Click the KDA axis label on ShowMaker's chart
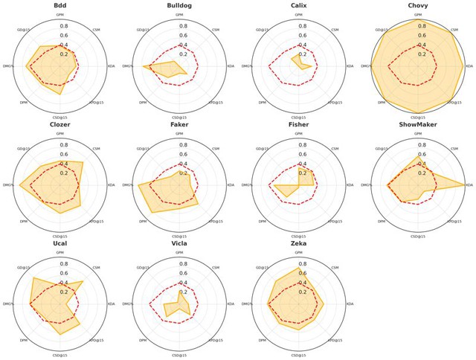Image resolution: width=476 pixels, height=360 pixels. pos(469,185)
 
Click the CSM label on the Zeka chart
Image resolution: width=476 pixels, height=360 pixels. pos(334,266)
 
